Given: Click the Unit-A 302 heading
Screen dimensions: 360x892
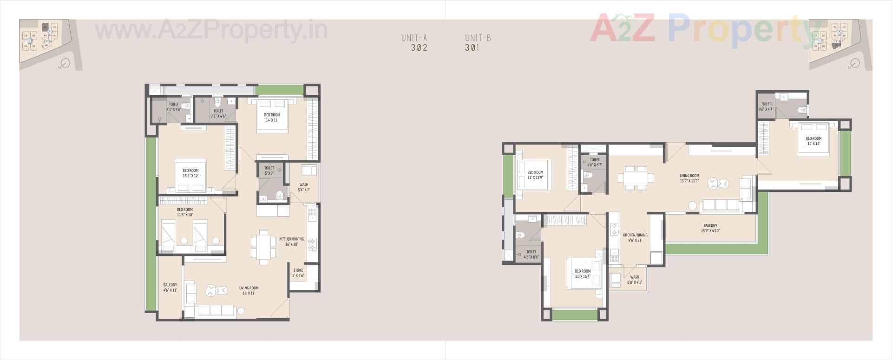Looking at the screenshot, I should pyautogui.click(x=414, y=43).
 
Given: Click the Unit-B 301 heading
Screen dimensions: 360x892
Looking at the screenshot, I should pyautogui.click(x=478, y=43).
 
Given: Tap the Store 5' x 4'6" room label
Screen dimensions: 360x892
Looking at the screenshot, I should pyautogui.click(x=298, y=273).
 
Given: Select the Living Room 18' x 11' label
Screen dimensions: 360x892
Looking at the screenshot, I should pyautogui.click(x=249, y=291).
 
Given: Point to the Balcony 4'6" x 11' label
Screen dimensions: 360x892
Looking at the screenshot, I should pyautogui.click(x=170, y=288).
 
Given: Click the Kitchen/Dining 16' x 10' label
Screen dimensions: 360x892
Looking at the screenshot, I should pyautogui.click(x=291, y=242).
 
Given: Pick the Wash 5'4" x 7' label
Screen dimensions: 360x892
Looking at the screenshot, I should pyautogui.click(x=304, y=187).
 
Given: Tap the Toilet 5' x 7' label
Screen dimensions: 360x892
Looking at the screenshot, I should pyautogui.click(x=269, y=170).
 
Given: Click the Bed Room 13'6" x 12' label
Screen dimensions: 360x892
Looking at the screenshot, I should pyautogui.click(x=190, y=173).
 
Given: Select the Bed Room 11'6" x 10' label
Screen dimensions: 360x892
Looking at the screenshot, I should pyautogui.click(x=184, y=212).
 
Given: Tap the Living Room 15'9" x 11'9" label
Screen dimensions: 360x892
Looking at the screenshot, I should pyautogui.click(x=689, y=178).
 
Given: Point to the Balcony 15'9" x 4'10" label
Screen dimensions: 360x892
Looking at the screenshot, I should pyautogui.click(x=710, y=228).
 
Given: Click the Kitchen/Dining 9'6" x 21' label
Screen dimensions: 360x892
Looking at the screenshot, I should pyautogui.click(x=635, y=237).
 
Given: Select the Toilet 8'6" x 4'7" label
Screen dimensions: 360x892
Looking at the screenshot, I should pyautogui.click(x=766, y=107).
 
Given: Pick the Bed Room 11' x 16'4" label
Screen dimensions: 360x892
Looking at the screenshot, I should pyautogui.click(x=583, y=274).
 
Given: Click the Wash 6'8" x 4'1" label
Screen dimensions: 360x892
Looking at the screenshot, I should pyautogui.click(x=634, y=280).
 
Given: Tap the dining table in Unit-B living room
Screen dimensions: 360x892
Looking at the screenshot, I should pyautogui.click(x=636, y=177).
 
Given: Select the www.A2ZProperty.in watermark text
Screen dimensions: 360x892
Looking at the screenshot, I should pyautogui.click(x=211, y=30).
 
